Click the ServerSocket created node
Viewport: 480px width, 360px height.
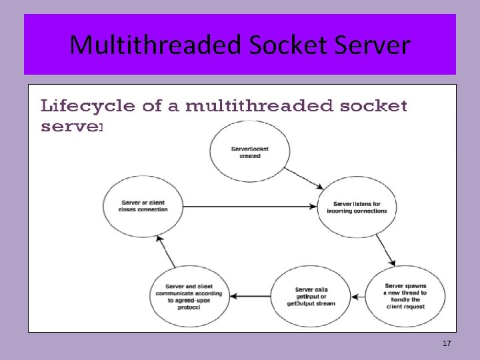pyautogui.click(x=249, y=153)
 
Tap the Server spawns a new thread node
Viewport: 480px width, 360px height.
pyautogui.click(x=405, y=295)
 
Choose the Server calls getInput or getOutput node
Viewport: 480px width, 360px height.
pyautogui.click(x=311, y=295)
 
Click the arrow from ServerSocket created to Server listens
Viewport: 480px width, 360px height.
pyautogui.click(x=308, y=177)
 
